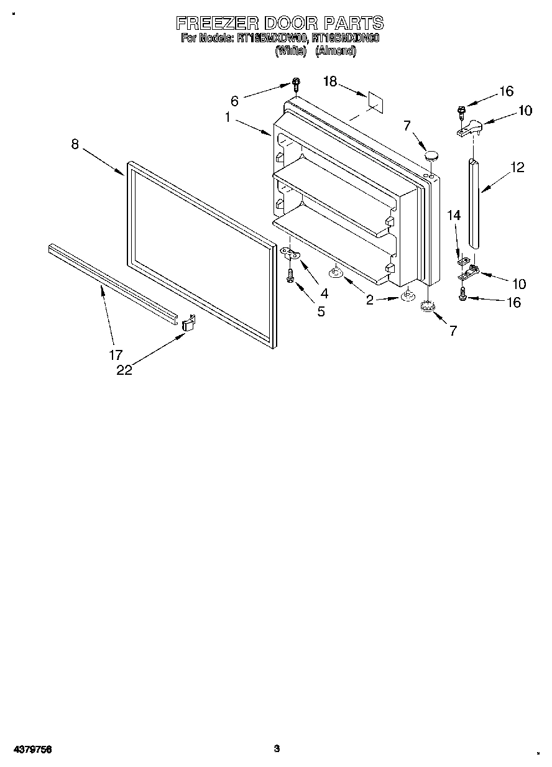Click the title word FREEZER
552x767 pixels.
click(x=218, y=24)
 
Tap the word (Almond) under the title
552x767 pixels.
click(x=335, y=52)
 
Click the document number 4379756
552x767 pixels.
click(x=31, y=750)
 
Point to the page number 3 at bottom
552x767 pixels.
click(x=277, y=749)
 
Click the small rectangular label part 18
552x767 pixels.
click(x=374, y=99)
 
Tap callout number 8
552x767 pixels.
click(x=75, y=144)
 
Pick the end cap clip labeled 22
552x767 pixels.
click(x=188, y=324)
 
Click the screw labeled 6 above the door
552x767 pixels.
click(x=296, y=85)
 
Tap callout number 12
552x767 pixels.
click(x=517, y=167)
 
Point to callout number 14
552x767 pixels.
click(x=454, y=215)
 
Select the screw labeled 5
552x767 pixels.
click(x=290, y=277)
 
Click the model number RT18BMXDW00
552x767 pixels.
click(x=271, y=39)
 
